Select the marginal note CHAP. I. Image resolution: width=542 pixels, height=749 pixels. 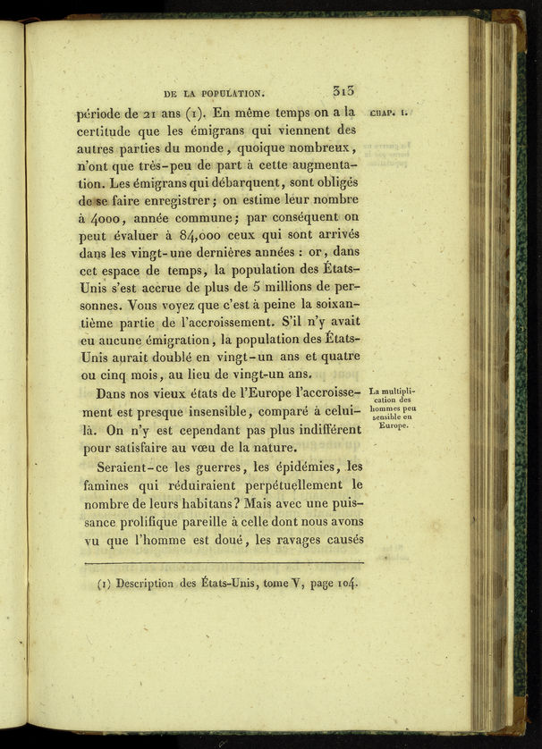click(388, 114)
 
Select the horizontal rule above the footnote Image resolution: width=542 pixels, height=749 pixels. click(223, 563)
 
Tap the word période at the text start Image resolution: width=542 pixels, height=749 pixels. click(105, 114)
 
